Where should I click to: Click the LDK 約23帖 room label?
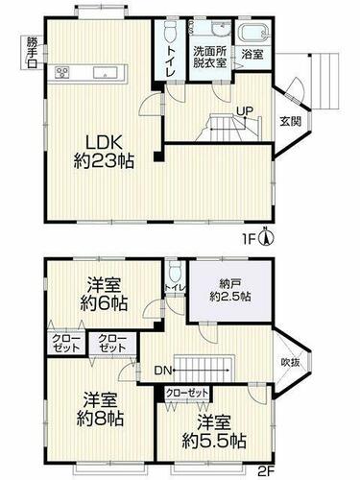(x=104, y=152)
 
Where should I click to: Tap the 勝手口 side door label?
(x=33, y=52)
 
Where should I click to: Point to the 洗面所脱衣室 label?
(x=210, y=57)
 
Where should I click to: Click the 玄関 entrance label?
(x=291, y=121)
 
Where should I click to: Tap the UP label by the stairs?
(x=245, y=110)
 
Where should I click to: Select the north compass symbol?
(x=267, y=237)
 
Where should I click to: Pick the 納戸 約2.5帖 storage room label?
(x=230, y=290)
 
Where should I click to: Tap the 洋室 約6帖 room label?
(x=104, y=294)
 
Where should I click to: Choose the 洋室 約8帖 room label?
(x=100, y=410)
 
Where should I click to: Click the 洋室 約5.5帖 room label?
(x=214, y=431)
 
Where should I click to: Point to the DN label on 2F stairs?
(x=163, y=371)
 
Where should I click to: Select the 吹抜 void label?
(x=291, y=362)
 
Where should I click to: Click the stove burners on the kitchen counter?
(x=62, y=72)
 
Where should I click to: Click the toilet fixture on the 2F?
(x=175, y=272)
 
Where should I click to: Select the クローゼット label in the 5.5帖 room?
(x=187, y=393)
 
